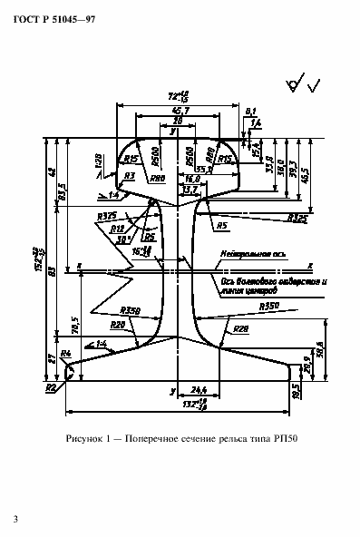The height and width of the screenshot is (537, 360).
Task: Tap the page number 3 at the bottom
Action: [15, 519]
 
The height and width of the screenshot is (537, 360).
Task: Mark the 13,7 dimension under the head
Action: [190, 190]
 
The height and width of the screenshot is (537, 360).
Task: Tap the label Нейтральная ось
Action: [243, 256]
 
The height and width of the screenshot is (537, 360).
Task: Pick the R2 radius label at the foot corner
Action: [52, 387]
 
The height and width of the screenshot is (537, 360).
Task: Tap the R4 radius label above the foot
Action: [66, 355]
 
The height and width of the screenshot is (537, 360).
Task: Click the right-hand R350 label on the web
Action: [268, 308]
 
